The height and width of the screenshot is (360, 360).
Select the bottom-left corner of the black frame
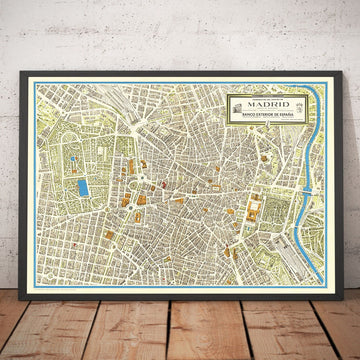21,292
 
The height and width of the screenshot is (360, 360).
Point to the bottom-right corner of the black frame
339,292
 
